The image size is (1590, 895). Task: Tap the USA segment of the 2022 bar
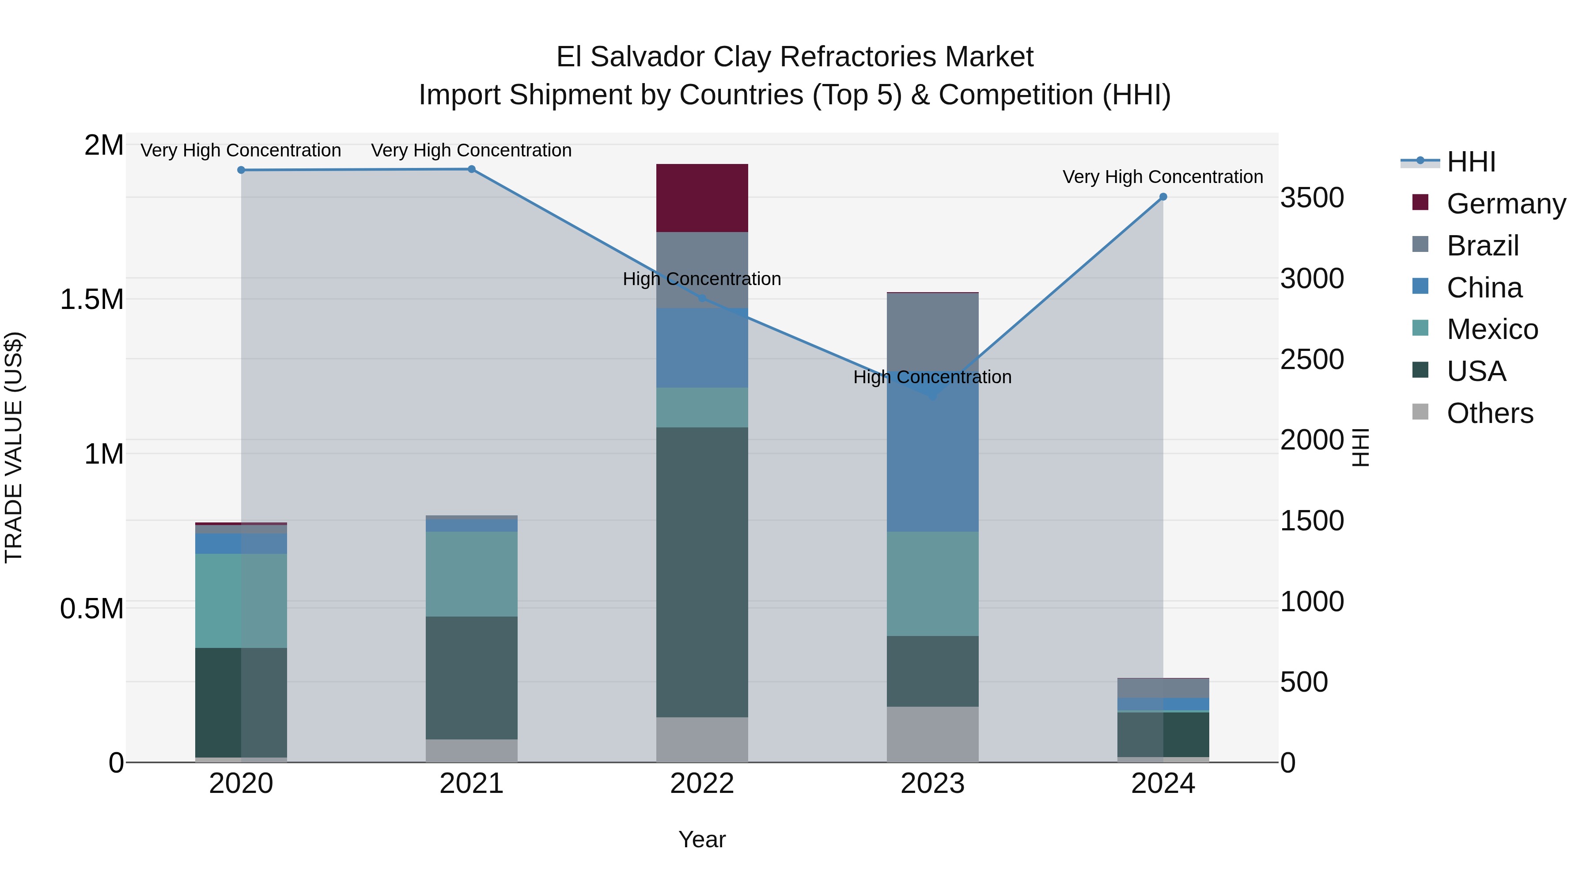pyautogui.click(x=702, y=571)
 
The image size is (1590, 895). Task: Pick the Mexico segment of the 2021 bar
pyautogui.click(x=472, y=573)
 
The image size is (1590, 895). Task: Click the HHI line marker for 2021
pyautogui.click(x=472, y=169)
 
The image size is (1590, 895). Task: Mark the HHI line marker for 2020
pyautogui.click(x=241, y=170)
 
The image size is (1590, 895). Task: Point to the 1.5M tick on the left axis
pyautogui.click(x=91, y=300)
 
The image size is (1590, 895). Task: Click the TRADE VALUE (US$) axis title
pyautogui.click(x=14, y=447)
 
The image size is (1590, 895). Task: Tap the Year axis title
pyautogui.click(x=702, y=839)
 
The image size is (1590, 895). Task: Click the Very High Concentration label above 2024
pyautogui.click(x=1162, y=177)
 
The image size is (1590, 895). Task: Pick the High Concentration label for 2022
pyautogui.click(x=702, y=279)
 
